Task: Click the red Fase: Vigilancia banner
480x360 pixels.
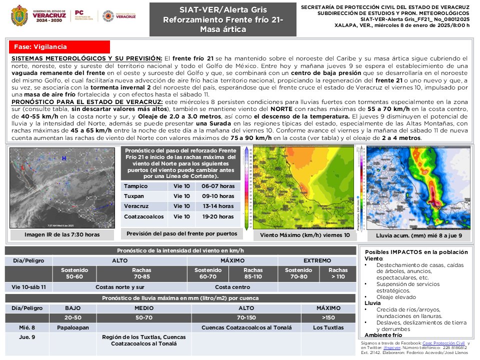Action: click(59, 47)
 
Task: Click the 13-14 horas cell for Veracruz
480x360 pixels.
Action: click(214, 206)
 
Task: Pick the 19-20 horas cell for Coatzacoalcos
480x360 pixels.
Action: click(214, 216)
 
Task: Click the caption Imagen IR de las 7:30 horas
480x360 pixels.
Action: click(62, 234)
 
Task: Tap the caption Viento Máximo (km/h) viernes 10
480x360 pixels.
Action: click(305, 235)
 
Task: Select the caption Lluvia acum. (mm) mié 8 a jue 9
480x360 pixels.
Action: click(418, 235)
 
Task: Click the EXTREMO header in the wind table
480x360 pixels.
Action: click(317, 260)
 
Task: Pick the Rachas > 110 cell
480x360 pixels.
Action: click(338, 273)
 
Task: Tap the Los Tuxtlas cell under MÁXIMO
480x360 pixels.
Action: click(328, 327)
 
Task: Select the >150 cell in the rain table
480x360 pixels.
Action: click(328, 317)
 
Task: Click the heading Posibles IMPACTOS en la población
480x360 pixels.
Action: click(416, 252)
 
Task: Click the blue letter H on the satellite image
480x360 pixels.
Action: click(64, 158)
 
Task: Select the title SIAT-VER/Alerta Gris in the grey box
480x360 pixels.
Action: click(223, 10)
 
